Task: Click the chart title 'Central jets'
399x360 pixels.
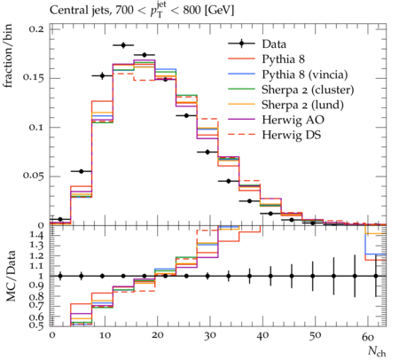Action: coord(80,11)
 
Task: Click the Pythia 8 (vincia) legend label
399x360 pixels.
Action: coord(305,74)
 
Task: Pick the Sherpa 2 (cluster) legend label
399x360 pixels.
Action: coord(308,90)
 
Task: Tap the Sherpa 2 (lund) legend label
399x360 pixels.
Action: coord(302,105)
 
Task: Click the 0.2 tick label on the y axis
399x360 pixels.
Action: coord(36,29)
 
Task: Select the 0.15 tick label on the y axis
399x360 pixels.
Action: coord(34,78)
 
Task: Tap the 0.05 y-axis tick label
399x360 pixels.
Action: coord(34,176)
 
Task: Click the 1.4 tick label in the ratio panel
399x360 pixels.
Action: coord(37,235)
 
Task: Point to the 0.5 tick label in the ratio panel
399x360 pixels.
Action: coord(36,325)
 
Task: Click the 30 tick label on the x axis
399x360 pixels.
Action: coord(210,336)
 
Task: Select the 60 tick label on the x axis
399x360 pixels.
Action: coord(368,336)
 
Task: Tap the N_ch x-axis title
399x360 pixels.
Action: coord(377,351)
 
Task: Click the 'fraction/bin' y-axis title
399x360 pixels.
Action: coord(8,56)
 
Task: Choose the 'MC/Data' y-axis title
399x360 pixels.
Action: coord(11,276)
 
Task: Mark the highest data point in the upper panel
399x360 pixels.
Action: coord(123,45)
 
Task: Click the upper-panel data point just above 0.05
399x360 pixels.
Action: coord(82,171)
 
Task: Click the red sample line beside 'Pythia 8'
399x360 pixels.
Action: coord(241,59)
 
